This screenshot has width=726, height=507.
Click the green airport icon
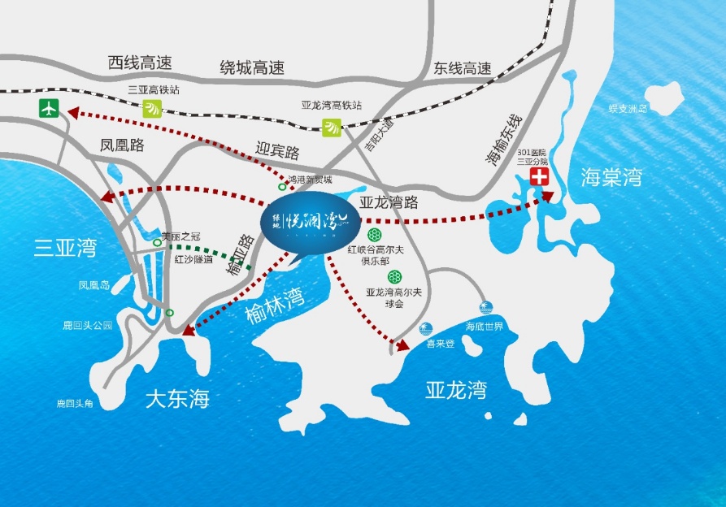click(x=50, y=107)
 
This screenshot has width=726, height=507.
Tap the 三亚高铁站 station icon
click(x=152, y=109)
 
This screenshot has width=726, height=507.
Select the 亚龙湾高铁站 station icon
click(x=331, y=126)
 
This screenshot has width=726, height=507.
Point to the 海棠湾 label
click(x=611, y=177)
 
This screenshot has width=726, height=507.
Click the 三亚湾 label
click(x=65, y=248)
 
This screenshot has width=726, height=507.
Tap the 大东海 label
click(x=177, y=399)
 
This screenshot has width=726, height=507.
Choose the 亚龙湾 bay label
click(x=456, y=390)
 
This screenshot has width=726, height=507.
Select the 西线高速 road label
click(x=141, y=63)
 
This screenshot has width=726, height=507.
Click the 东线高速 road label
click(x=463, y=68)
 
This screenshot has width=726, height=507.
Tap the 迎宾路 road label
click(x=277, y=152)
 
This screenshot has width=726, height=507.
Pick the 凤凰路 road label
click(x=122, y=146)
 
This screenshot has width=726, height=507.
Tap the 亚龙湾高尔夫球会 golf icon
click(x=394, y=277)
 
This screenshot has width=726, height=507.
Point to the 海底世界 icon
click(x=485, y=309)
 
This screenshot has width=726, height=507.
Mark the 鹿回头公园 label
click(x=87, y=325)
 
